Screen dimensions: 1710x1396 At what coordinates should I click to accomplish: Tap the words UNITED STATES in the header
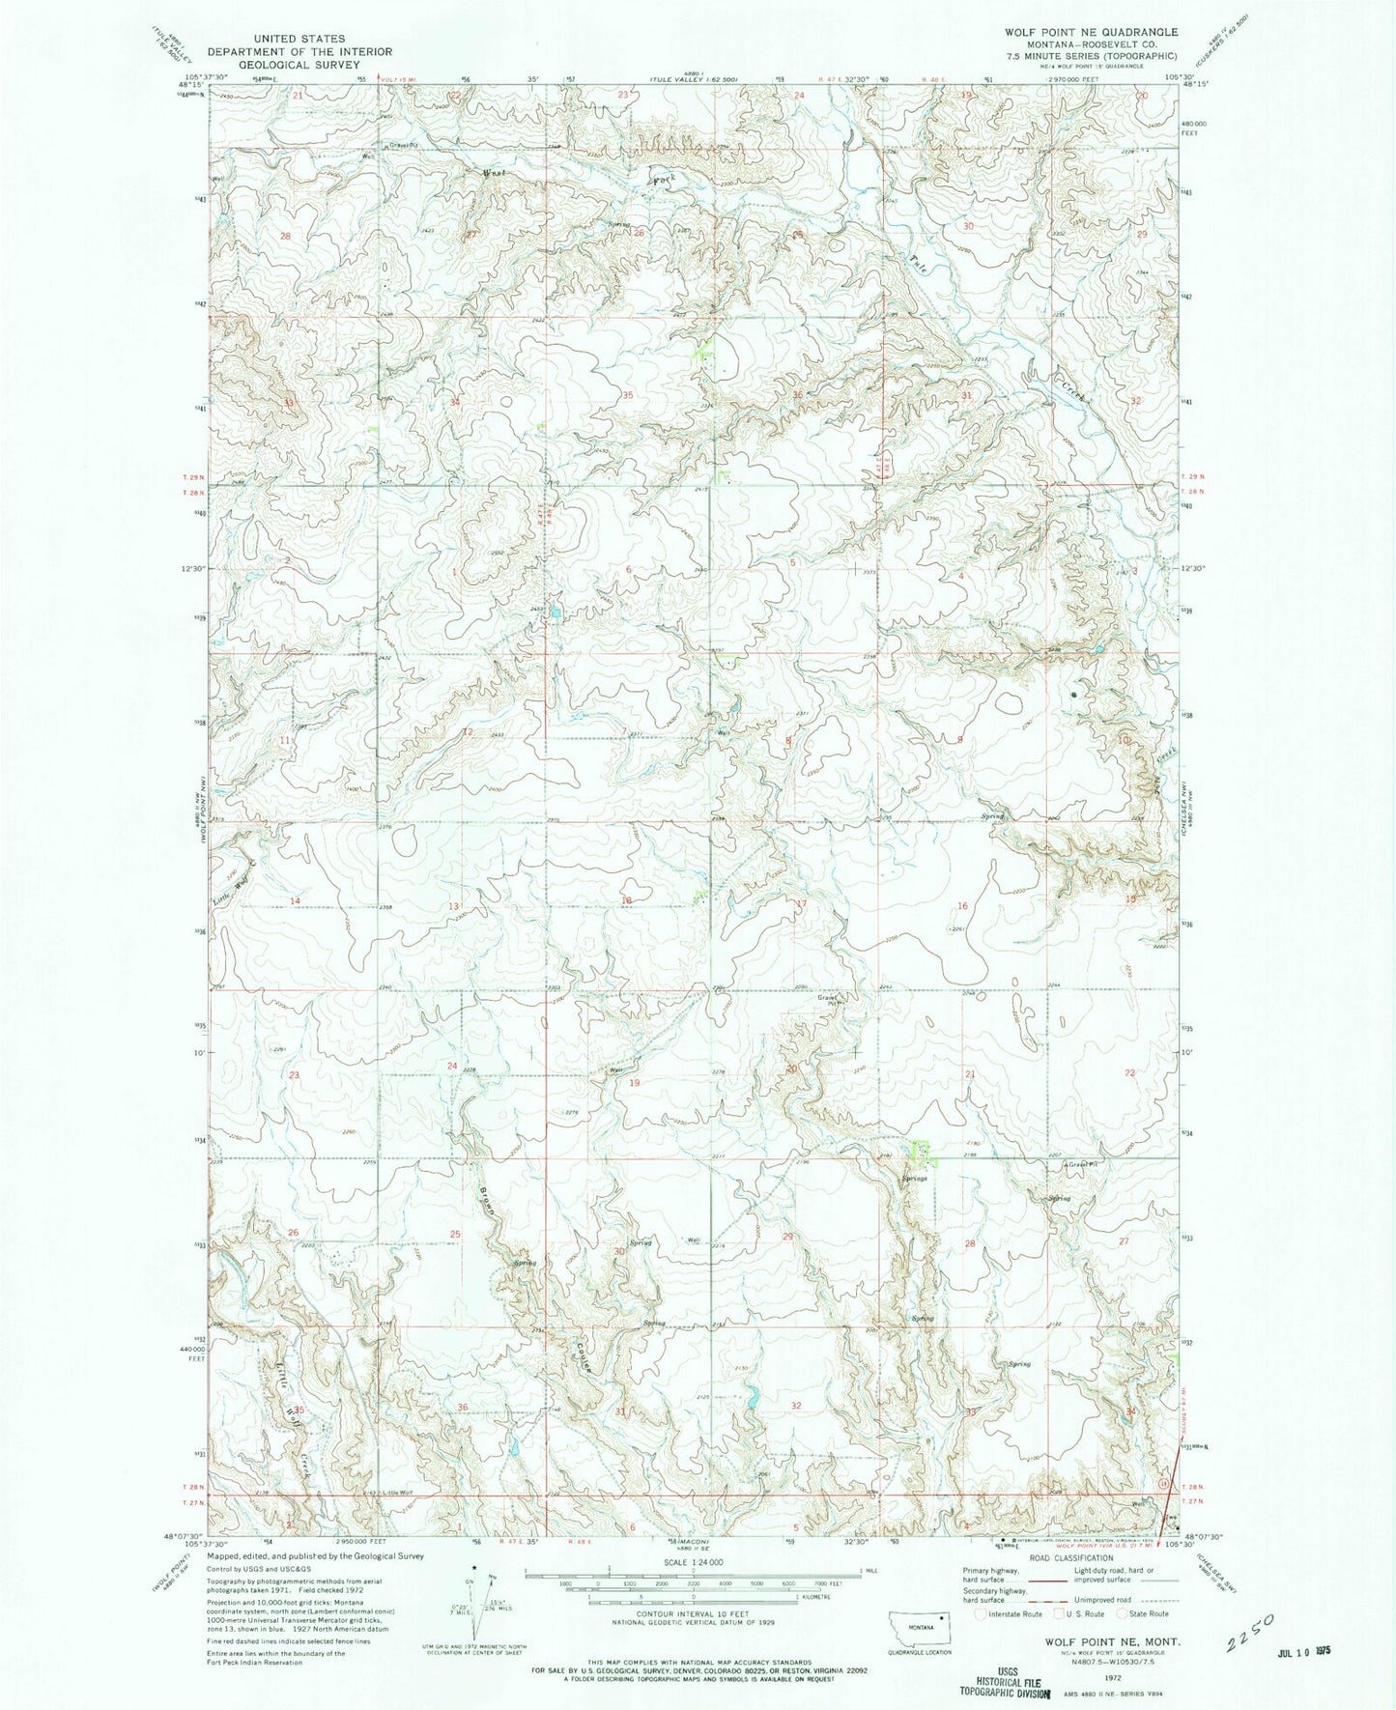(299, 39)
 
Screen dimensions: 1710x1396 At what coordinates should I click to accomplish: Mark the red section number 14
(296, 900)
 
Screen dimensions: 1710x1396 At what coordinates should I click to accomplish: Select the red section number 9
(959, 739)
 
